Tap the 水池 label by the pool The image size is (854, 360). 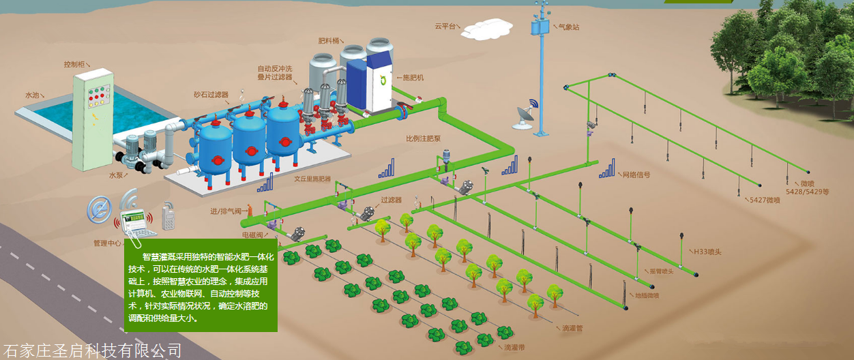[32, 95]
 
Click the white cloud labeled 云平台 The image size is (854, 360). [486, 27]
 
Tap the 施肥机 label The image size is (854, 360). [413, 78]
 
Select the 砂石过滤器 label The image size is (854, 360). [210, 94]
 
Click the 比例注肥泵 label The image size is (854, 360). [424, 138]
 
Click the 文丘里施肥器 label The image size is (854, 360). [312, 179]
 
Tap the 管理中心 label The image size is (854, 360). [107, 243]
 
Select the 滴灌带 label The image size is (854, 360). [515, 348]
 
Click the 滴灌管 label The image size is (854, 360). [572, 329]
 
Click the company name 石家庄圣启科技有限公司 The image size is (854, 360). [93, 351]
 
